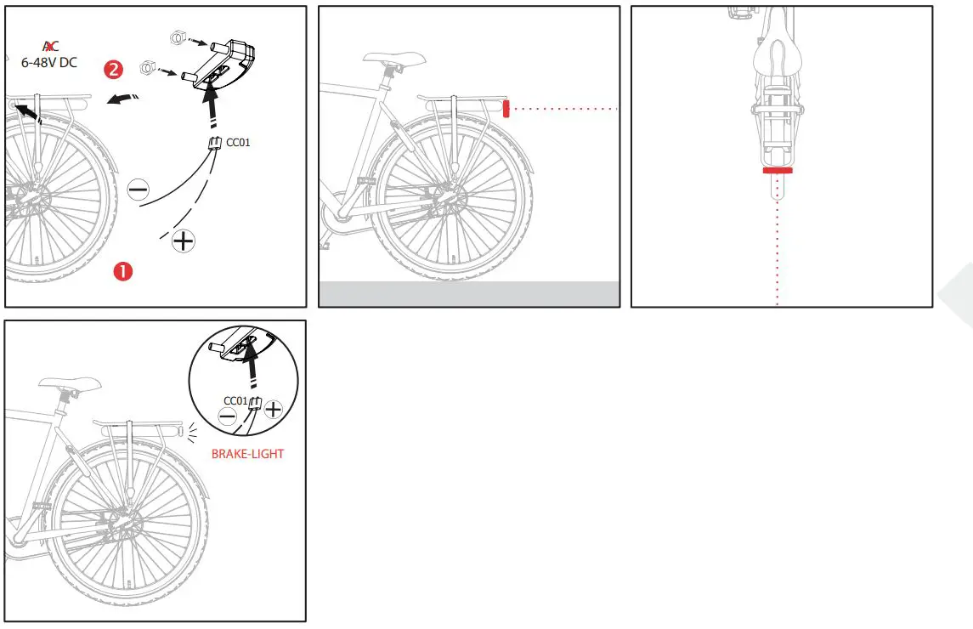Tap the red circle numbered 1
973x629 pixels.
point(124,271)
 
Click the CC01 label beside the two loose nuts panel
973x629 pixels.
point(238,142)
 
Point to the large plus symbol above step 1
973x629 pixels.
point(183,241)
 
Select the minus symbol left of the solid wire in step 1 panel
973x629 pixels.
point(138,190)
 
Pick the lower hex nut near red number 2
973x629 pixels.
point(147,67)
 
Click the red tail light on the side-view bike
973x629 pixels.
point(506,109)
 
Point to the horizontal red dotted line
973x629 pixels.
point(564,109)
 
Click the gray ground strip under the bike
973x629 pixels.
point(468,293)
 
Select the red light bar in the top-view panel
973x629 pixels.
point(778,170)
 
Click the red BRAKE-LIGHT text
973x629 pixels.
point(247,454)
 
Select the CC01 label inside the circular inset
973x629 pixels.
point(235,400)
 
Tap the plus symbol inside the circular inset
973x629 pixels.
point(273,409)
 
